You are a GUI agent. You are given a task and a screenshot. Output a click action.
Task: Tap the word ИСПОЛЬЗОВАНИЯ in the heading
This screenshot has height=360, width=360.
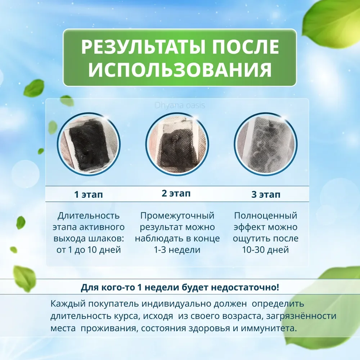point(180,69)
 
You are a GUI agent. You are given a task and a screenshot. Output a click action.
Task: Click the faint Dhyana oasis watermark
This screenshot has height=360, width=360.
point(180,105)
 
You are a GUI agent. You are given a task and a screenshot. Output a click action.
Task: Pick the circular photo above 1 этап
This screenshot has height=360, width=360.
point(89,144)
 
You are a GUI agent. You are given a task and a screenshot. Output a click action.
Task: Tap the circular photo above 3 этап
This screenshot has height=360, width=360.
point(266,144)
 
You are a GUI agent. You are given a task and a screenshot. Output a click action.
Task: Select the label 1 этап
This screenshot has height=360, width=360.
point(89,194)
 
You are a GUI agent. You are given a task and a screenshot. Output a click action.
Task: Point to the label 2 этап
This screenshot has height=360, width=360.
point(176,193)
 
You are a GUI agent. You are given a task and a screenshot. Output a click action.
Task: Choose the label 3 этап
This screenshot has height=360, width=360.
point(266,194)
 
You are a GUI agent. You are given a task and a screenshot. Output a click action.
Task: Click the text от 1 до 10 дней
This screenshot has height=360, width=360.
point(89,250)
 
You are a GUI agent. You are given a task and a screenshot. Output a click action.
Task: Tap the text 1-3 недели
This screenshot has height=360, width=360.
point(177,250)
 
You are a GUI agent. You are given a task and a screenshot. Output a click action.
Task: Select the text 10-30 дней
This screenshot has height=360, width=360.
point(265,250)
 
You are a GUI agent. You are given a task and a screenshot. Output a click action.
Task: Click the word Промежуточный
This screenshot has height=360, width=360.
point(177,216)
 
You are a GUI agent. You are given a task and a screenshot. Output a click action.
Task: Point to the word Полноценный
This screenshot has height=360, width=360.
point(266,216)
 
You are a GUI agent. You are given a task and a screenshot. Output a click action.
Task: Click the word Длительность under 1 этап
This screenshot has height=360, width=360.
point(89,216)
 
